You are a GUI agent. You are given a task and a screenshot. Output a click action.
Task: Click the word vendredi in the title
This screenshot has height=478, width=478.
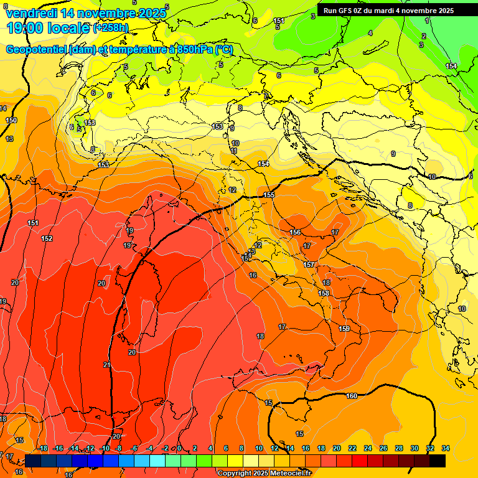point(31,12)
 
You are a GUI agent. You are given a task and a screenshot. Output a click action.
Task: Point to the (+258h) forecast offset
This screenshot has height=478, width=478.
point(111,28)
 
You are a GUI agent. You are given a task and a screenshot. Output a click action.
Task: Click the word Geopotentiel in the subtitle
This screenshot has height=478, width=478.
point(35,50)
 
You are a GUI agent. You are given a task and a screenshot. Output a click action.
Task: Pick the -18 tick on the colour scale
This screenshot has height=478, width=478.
point(43,448)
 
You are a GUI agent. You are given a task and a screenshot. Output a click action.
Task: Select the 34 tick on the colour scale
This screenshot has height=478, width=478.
point(445,448)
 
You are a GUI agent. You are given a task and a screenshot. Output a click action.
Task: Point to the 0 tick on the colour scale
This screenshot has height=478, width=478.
point(179,448)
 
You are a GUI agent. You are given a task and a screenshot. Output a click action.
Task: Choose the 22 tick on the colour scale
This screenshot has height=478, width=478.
point(352,448)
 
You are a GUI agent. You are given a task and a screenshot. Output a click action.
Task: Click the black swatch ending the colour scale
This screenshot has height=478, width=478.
point(438,461)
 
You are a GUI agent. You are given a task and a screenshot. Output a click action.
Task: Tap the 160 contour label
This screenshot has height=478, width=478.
point(352,396)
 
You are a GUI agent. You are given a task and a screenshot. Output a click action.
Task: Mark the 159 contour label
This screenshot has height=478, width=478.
point(344,329)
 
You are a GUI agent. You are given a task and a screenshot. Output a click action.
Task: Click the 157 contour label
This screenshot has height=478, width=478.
point(309,265)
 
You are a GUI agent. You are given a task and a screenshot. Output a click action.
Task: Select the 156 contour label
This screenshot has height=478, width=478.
point(295,232)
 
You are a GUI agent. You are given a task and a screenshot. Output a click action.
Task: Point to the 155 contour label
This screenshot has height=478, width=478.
point(269,195)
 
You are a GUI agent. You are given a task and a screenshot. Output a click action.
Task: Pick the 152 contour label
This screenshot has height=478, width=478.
point(47,238)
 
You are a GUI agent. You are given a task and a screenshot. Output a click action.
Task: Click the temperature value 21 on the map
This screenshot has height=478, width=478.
point(106,365)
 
